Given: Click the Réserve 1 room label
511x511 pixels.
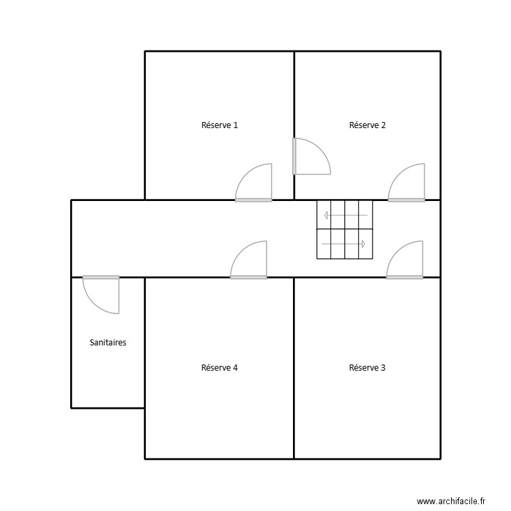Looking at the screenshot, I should coord(219,125).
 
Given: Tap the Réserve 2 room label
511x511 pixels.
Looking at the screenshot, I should coord(367,125).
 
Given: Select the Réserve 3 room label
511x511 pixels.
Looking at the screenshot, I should coord(367,368).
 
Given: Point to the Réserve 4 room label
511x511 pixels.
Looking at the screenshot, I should coord(219,368).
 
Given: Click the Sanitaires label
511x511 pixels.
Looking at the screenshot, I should coord(108,343).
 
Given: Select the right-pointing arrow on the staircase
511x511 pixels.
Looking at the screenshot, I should coord(343,243).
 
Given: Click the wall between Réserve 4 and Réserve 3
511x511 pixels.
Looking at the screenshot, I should coord(294,368).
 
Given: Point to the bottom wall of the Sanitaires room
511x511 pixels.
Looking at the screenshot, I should coord(108,408).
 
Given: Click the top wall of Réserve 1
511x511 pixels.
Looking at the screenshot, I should coord(219,51).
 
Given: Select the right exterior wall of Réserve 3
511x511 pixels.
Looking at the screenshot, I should coord(440,368).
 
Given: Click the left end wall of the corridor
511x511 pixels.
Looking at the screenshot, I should coord(72,238).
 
